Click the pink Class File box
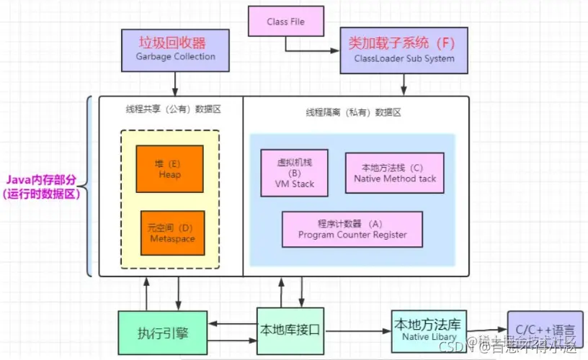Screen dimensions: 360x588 click(x=286, y=22)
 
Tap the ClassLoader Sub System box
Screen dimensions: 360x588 click(x=404, y=50)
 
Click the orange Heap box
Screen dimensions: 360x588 click(x=169, y=168)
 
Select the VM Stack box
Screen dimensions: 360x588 click(x=294, y=173)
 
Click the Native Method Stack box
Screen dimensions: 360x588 click(x=394, y=173)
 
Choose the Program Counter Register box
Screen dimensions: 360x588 click(x=352, y=229)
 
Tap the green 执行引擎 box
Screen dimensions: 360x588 click(x=162, y=333)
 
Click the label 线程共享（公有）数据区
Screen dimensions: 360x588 click(x=171, y=109)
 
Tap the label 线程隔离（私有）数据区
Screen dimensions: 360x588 click(x=352, y=113)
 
